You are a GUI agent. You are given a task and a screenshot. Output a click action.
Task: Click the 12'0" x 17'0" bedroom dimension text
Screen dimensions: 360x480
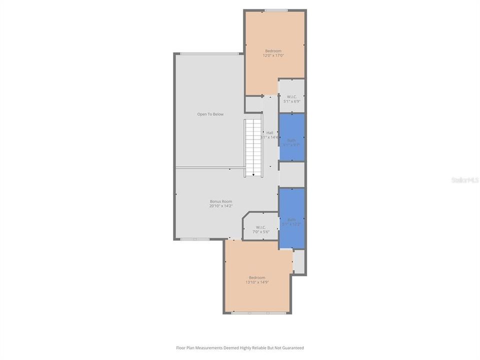tap(273, 55)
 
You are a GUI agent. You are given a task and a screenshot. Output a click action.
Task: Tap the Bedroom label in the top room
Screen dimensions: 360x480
tap(273, 51)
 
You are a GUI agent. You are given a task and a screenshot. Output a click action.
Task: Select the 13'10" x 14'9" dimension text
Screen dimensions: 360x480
tap(257, 282)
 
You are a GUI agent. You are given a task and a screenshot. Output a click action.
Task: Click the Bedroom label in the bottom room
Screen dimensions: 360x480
tap(257, 277)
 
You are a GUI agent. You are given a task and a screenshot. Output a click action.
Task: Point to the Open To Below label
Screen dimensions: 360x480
tap(210, 114)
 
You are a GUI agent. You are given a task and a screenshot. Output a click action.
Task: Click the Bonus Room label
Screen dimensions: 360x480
tap(220, 201)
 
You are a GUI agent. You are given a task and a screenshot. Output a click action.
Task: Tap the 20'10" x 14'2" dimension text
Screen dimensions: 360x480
tap(220, 206)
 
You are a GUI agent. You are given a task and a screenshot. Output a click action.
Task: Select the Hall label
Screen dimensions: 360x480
tap(269, 132)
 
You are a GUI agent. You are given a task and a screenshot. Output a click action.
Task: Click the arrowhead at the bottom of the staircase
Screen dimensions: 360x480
tap(253, 174)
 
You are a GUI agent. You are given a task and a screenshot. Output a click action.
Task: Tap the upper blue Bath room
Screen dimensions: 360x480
tap(291, 137)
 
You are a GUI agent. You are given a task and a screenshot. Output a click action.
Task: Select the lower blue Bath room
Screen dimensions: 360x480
tap(291, 218)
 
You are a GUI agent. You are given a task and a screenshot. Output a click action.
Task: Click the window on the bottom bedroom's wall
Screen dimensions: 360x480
tap(259, 313)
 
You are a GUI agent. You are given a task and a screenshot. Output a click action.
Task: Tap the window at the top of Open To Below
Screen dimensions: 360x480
tap(209, 53)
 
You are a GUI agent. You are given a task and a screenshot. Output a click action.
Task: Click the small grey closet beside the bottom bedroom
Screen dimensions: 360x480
tap(299, 261)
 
